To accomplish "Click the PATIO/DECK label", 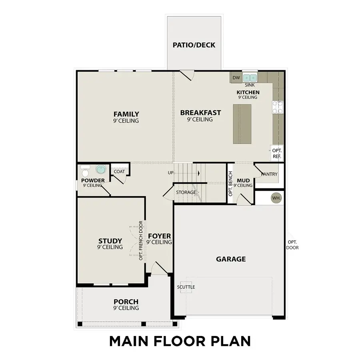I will [194, 45].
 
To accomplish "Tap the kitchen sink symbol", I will [250, 77].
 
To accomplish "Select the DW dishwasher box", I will [236, 78].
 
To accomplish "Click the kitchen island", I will [242, 124].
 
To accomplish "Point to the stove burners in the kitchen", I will [278, 107].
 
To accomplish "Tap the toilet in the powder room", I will [85, 171].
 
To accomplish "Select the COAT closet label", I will [119, 172].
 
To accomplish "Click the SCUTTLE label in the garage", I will [186, 287].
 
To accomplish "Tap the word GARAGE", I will [231, 259].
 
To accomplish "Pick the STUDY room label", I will [110, 241].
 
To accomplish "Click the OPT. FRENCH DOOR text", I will [141, 240].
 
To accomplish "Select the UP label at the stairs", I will [170, 173].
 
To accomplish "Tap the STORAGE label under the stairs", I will [186, 192].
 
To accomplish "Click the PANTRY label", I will [269, 174].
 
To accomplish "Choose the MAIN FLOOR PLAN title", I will [180, 341].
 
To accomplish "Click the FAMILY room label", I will [126, 114].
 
